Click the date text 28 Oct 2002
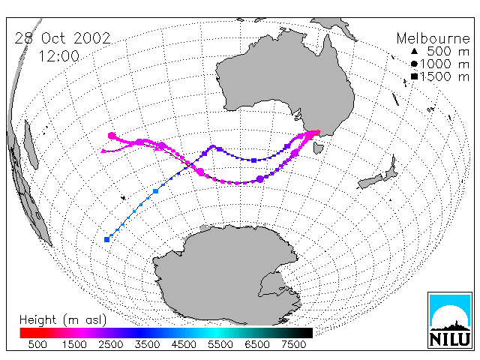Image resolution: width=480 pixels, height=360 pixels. (62, 38)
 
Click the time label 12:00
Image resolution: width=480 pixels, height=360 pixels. (58, 56)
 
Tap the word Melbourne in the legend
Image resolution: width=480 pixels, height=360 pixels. (433, 38)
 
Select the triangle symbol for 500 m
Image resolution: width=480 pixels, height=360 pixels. (414, 52)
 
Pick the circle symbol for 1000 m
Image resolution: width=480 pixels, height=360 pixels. (414, 64)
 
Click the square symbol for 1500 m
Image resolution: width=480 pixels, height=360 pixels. (414, 76)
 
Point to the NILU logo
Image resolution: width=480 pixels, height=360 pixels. (450, 320)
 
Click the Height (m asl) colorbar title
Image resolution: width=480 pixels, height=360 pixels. (63, 320)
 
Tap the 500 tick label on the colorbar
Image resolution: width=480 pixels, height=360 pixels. (37, 345)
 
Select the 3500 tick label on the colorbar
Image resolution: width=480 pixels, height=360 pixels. (147, 345)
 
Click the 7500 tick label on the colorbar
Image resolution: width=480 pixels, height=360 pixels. (293, 345)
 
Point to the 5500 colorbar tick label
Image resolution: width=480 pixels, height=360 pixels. (220, 345)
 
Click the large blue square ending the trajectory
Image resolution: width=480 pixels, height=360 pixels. (106, 239)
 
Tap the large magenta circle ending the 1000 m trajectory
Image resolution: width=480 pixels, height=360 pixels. (112, 136)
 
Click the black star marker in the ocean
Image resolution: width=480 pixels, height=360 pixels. (123, 198)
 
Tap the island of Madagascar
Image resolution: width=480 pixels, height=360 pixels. (31, 145)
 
